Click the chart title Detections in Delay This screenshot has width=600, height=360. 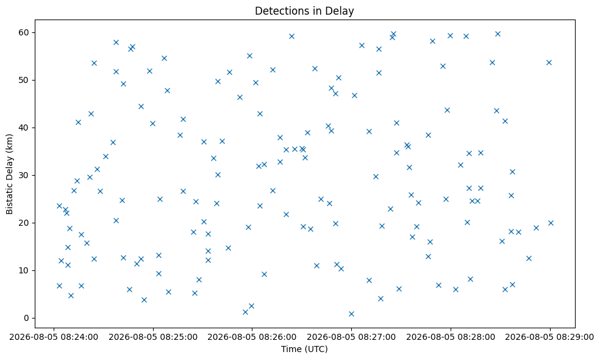304,11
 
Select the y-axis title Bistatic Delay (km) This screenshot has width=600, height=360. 9,175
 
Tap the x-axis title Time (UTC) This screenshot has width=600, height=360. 304,349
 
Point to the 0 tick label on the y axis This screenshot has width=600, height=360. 27,319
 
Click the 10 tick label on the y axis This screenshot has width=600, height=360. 24,270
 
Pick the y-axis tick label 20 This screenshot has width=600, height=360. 24,223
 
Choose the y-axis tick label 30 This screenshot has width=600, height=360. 24,175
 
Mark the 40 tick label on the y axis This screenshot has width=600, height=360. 24,128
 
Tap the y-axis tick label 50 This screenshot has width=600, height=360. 24,80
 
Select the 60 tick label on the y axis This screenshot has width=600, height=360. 24,32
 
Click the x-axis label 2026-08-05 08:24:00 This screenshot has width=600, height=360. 54,337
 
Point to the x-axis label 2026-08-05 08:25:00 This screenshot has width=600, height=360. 153,337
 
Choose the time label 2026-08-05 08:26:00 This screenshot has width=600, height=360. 252,337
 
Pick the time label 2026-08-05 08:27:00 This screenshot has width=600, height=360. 351,337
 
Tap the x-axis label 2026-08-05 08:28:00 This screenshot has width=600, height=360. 451,337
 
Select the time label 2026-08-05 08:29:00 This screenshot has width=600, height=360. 550,337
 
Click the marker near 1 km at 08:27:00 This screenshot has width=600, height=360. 351,314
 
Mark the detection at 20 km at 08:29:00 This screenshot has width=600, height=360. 551,223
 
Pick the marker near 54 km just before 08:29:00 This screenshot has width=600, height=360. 549,62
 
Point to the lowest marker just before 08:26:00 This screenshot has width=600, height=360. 245,312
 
